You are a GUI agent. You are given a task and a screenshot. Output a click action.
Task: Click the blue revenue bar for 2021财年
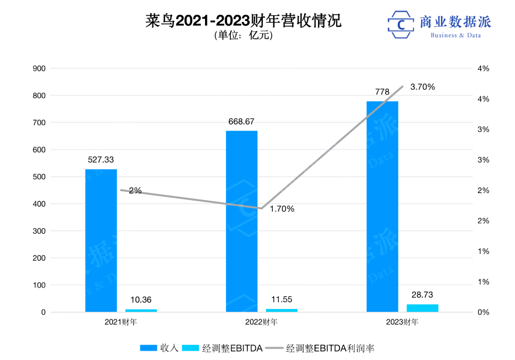click(101, 241)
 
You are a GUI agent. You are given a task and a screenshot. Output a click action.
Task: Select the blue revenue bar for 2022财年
click(242, 222)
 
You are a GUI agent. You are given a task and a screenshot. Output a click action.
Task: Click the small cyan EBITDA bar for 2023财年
click(422, 308)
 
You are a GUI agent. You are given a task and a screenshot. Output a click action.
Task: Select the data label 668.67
click(241, 122)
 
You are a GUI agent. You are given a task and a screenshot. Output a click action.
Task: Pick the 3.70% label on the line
click(422, 87)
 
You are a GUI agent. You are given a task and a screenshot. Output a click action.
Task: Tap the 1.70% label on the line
click(282, 209)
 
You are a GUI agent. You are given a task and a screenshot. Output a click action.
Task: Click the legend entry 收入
click(159, 348)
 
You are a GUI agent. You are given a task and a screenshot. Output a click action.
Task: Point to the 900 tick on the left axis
click(39, 69)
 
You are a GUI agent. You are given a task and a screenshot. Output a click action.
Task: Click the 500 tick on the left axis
click(39, 177)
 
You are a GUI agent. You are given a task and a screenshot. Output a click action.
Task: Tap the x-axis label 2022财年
click(261, 322)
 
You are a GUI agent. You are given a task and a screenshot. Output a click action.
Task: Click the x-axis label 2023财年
click(402, 322)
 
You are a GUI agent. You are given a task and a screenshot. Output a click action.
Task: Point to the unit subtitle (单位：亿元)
click(244, 36)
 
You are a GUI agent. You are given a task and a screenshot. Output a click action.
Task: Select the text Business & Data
click(455, 35)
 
